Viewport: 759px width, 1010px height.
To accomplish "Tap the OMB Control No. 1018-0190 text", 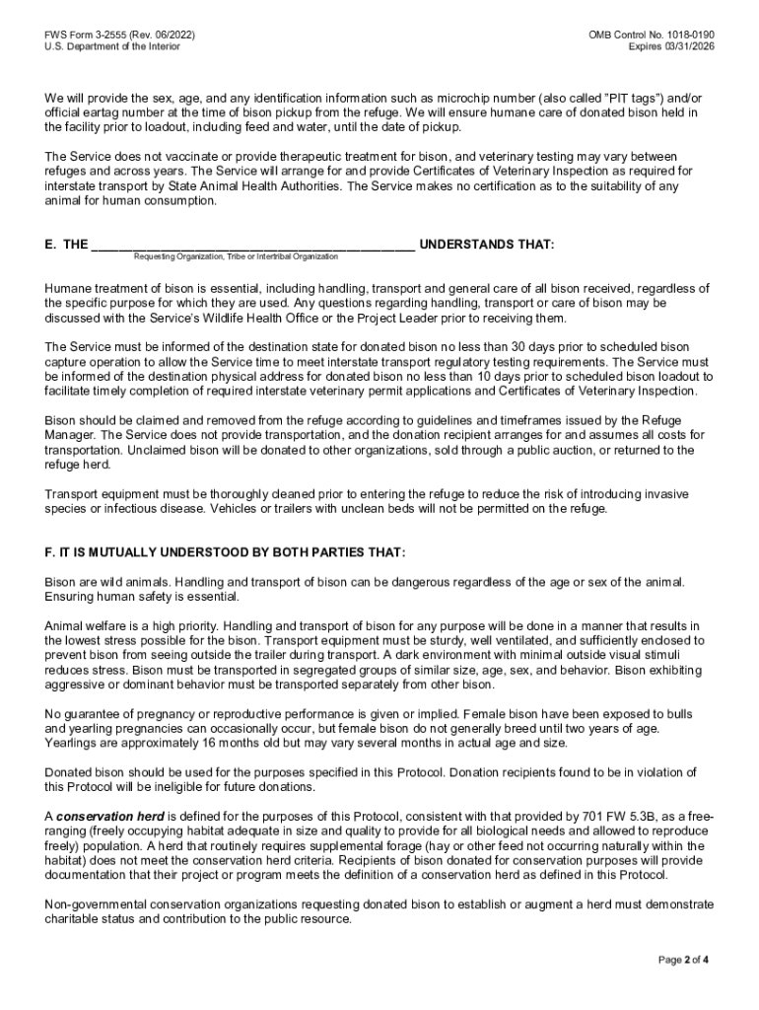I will (652, 35).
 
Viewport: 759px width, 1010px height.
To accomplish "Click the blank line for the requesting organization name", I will (252, 245).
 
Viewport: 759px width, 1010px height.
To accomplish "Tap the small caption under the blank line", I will (236, 256).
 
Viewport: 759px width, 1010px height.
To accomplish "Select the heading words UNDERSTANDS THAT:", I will (487, 244).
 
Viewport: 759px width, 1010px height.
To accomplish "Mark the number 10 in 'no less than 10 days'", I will (521, 377).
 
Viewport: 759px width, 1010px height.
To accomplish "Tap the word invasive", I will (664, 494).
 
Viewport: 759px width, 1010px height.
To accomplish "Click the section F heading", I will (225, 552).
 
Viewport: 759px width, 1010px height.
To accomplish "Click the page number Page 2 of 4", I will (684, 960).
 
